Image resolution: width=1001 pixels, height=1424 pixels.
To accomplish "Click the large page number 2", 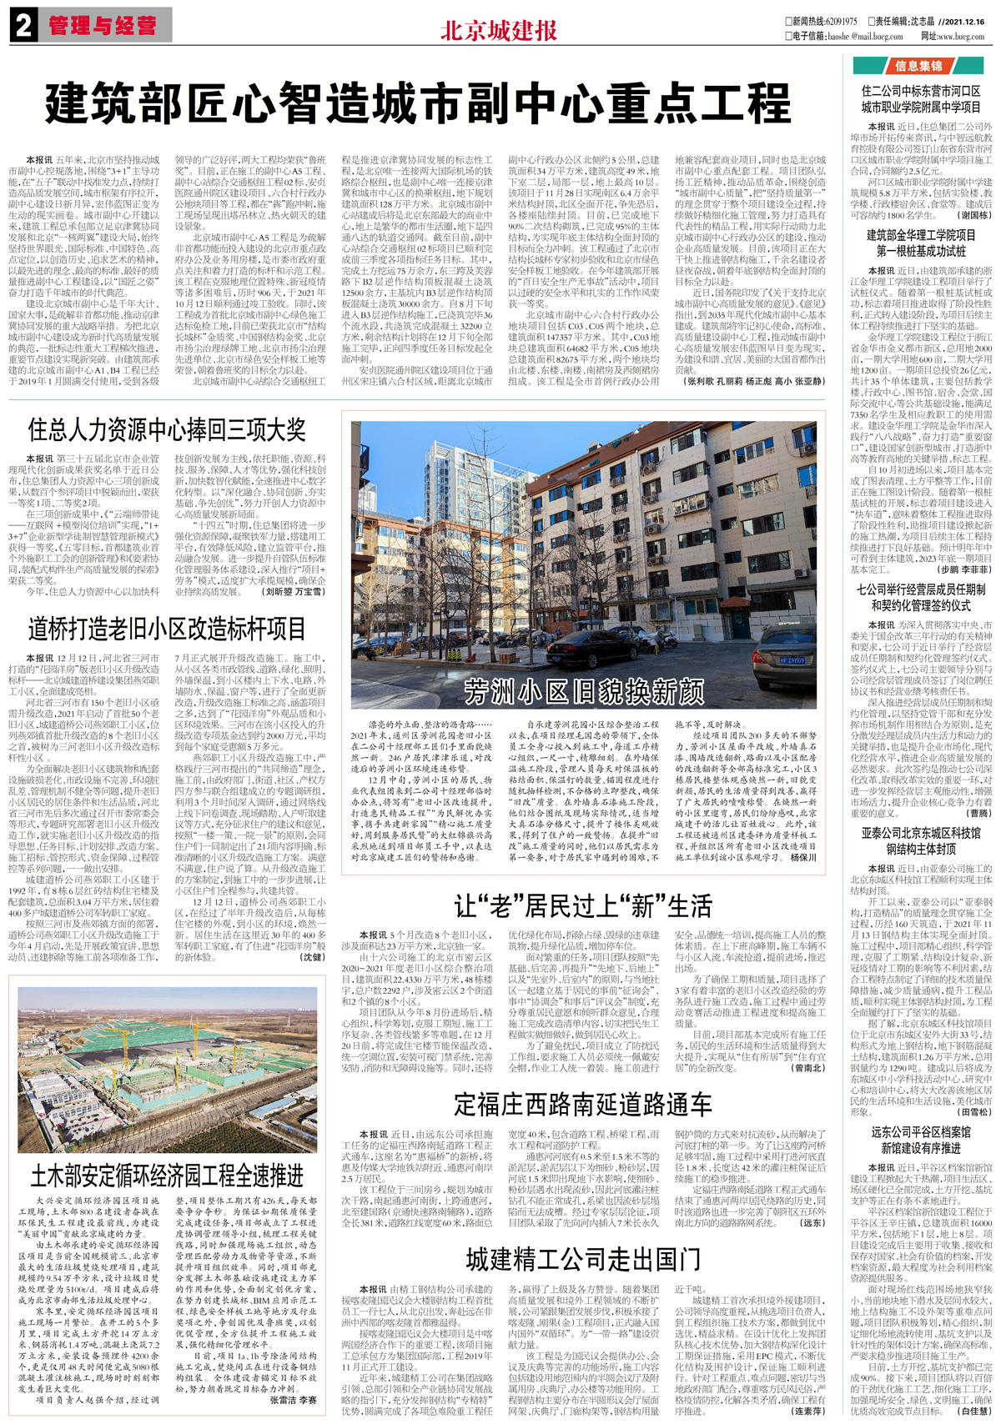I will click(x=23, y=25).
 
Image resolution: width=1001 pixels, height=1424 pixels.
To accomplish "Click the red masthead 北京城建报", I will click(x=498, y=31).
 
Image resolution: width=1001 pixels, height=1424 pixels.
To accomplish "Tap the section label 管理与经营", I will click(x=102, y=26).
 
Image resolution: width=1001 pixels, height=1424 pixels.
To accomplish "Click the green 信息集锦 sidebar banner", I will click(x=918, y=66).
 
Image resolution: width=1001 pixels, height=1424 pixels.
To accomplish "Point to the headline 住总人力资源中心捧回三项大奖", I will click(x=167, y=430).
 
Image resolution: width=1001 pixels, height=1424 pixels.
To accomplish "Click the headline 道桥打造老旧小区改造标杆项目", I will click(x=167, y=629).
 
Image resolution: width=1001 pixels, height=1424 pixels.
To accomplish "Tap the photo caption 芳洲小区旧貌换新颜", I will click(x=584, y=691).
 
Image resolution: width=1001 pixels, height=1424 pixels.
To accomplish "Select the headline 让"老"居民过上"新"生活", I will click(x=583, y=906).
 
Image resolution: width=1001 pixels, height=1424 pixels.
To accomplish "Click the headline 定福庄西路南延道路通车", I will click(x=583, y=1105).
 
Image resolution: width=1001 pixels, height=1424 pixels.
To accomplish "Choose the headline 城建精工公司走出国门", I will click(x=583, y=1258).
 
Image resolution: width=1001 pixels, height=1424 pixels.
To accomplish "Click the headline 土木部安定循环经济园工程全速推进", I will click(x=167, y=1176).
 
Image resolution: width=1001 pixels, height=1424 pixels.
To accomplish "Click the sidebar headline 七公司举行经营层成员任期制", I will click(x=921, y=589).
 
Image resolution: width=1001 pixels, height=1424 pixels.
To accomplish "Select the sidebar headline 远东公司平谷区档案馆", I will click(x=921, y=1132).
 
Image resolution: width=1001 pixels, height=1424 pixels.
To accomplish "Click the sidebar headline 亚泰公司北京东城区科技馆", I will click(x=921, y=833).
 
